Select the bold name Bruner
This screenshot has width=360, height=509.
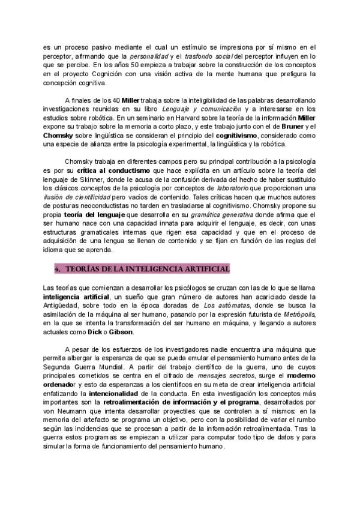(290, 127)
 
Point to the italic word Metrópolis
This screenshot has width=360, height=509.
(298, 315)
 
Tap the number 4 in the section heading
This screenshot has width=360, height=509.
(58, 268)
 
